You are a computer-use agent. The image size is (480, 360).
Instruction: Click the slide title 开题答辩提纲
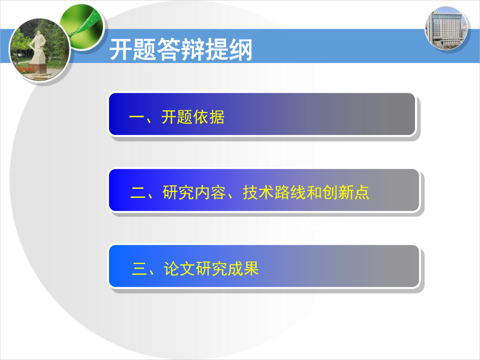click(181, 50)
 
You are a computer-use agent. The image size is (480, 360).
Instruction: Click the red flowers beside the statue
click(26, 70)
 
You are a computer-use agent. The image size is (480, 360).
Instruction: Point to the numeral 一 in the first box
click(137, 117)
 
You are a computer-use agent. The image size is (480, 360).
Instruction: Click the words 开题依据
click(193, 117)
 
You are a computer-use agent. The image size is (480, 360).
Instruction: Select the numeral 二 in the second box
click(138, 193)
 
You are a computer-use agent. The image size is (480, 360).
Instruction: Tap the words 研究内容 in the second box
click(194, 193)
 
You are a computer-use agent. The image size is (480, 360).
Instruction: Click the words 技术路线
click(274, 193)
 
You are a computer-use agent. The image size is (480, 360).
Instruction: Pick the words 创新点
click(346, 193)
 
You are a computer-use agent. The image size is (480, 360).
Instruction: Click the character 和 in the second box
click(314, 193)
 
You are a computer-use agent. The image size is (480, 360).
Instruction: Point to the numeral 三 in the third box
click(139, 269)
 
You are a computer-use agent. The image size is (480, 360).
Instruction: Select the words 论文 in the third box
click(179, 269)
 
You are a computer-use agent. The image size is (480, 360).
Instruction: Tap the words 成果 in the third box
click(243, 269)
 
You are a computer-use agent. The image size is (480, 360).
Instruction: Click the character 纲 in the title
click(241, 50)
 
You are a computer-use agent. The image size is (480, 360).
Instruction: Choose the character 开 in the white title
click(121, 50)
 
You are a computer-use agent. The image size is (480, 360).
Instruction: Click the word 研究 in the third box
click(211, 269)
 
